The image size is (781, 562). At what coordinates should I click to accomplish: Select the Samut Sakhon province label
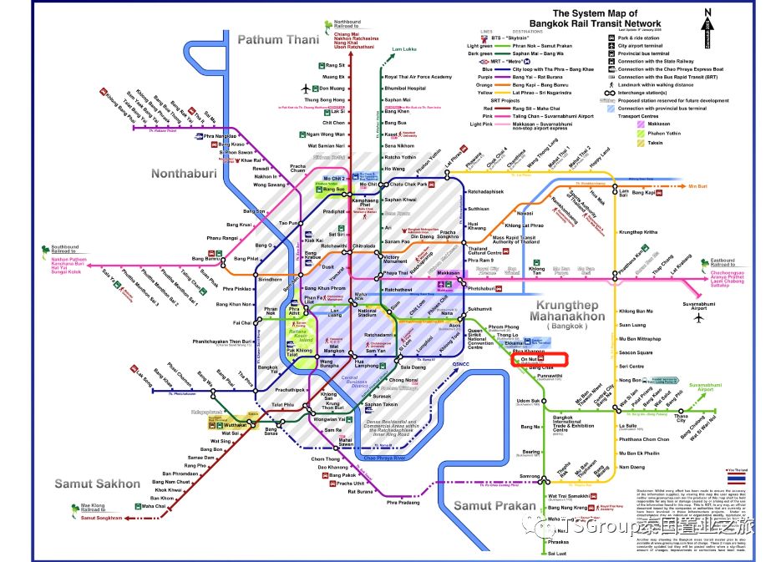[98, 484]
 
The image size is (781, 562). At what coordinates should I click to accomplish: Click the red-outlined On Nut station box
[538, 359]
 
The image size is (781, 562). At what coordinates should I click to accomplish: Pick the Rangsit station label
[337, 65]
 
